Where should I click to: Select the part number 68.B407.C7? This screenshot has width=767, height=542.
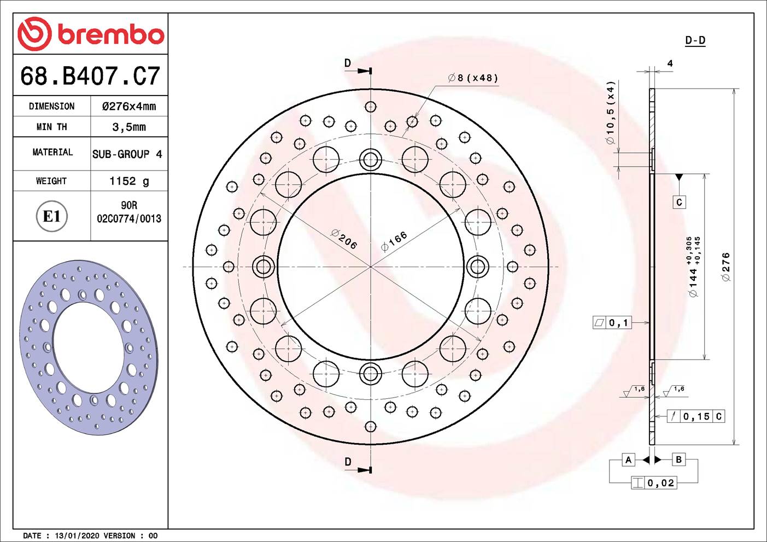click(90, 76)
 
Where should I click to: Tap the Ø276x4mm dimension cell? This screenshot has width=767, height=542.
click(129, 107)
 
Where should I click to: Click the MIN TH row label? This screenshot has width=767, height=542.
click(51, 127)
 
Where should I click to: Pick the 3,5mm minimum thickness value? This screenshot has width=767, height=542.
click(129, 127)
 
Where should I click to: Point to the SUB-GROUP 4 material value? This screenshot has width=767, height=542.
click(127, 154)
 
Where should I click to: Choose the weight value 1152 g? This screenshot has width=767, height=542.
click(129, 181)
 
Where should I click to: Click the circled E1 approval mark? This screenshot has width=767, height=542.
click(51, 216)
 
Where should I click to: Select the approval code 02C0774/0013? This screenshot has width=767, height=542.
click(129, 219)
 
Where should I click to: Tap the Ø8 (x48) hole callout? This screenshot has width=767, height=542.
click(473, 78)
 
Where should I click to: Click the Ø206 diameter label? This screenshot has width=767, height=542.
click(344, 239)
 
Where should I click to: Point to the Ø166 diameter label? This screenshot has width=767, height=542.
click(394, 241)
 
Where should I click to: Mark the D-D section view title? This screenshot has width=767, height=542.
click(695, 40)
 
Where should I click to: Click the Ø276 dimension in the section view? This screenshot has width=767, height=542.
click(725, 267)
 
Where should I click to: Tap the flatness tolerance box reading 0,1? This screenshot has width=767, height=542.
click(612, 323)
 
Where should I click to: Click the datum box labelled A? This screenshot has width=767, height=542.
click(628, 459)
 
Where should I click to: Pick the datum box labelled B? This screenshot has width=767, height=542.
click(678, 459)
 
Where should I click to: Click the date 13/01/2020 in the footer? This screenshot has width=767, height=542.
click(77, 535)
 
